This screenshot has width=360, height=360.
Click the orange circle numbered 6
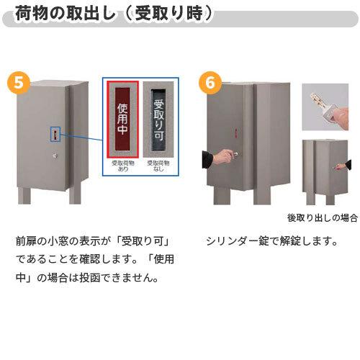point(210,83)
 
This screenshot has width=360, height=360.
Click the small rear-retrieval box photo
point(326,171)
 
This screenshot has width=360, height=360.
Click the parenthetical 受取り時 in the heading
point(165,13)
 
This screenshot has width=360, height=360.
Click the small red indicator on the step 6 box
point(235,131)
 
